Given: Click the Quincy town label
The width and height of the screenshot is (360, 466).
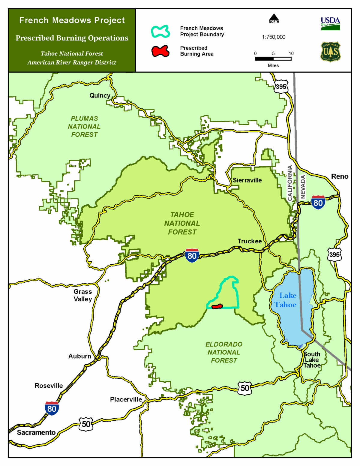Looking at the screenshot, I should pos(100,95).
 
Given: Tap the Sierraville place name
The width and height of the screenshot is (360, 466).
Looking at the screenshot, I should pos(247,180).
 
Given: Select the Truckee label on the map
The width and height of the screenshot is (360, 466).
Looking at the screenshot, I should pos(250,241).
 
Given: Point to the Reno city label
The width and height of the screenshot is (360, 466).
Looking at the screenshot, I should pos(340,176).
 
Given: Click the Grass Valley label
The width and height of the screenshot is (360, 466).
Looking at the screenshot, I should pos(83,295).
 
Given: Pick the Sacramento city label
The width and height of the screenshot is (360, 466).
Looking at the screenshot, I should pos(36,432).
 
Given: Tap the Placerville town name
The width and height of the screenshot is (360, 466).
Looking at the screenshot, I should pos(126,399).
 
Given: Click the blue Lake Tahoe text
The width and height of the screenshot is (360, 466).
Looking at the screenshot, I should pos(286,300).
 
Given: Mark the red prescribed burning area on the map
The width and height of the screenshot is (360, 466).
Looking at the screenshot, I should pos(217,306).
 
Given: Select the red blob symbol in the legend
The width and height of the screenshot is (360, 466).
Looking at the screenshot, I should pos(160,51).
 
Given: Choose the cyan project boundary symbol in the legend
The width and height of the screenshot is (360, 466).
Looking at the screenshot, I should pos(160,32).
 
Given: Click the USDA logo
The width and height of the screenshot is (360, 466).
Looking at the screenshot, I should pos(330,23).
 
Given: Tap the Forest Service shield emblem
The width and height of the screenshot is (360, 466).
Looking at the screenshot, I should pos(330,52).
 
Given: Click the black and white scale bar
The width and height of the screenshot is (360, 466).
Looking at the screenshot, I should pos(273,59).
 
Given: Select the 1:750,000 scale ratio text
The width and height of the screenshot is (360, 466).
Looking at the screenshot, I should pos(274,37).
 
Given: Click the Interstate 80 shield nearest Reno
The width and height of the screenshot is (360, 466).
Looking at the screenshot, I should pos(318,202).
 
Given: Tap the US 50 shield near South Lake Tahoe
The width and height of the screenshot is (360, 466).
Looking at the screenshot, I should pos(245,388).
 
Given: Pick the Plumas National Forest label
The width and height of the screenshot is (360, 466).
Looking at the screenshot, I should pos(84,127).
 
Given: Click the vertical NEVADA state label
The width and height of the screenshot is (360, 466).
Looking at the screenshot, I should pos(303,187).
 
